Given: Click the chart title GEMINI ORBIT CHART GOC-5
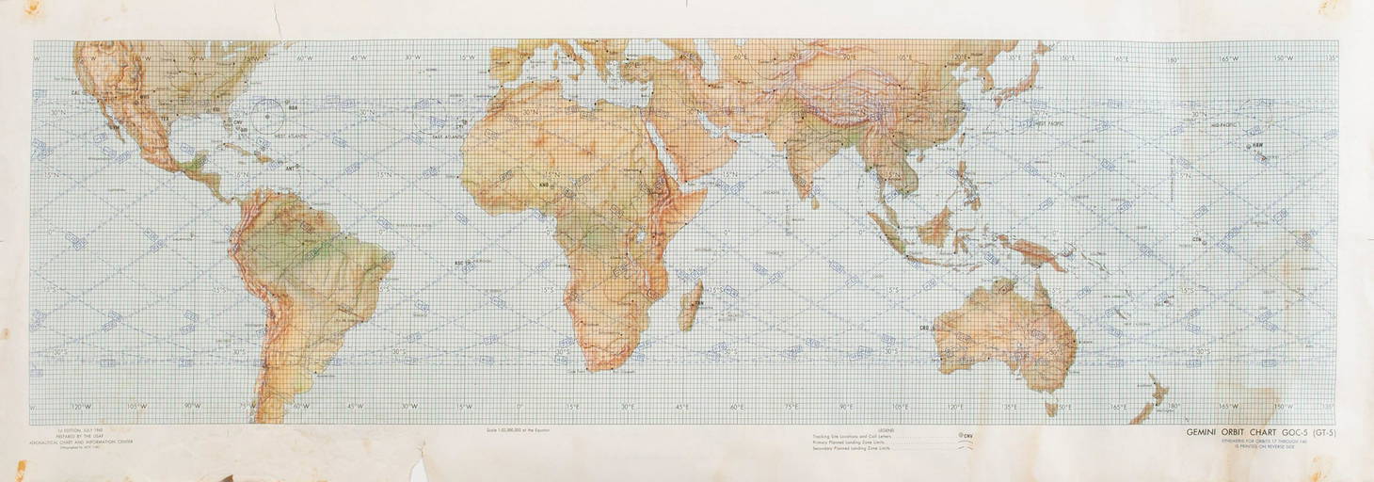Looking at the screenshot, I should (x=1260, y=434).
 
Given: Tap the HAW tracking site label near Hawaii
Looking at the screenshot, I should (x=1255, y=147).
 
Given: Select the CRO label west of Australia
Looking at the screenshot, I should (x=925, y=328).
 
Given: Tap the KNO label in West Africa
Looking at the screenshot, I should (x=517, y=185).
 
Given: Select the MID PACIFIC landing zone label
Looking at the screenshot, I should (x=1223, y=124).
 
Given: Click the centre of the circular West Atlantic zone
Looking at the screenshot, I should (x=267, y=116).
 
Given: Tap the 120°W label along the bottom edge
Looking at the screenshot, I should (x=84, y=407).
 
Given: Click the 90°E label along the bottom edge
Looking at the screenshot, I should (x=845, y=407).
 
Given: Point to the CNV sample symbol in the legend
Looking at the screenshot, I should (x=967, y=436).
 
